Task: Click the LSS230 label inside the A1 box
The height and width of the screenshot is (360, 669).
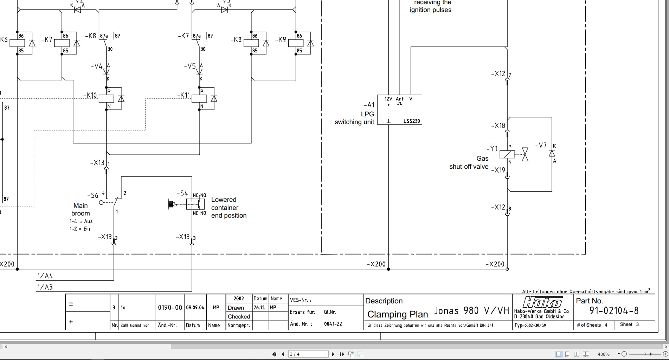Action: click(411, 121)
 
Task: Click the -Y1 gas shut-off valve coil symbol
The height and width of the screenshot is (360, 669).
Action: click(507, 154)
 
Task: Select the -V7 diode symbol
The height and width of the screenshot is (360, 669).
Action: click(552, 153)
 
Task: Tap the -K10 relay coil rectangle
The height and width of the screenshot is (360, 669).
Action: click(106, 99)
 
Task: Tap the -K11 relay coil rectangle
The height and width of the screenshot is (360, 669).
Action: click(199, 99)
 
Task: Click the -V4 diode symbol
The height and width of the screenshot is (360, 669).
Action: click(107, 72)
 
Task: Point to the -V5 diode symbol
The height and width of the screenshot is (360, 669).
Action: click(199, 72)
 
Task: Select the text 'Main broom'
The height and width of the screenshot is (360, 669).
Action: click(81, 209)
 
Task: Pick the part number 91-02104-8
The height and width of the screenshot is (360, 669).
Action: click(614, 311)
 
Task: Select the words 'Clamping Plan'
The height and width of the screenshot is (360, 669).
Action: click(397, 314)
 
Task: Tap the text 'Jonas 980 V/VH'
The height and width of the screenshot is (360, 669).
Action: click(471, 311)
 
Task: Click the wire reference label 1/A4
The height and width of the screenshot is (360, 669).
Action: click(45, 276)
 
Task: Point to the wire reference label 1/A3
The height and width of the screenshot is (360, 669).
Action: click(45, 287)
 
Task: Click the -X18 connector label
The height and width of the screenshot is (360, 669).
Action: click(498, 126)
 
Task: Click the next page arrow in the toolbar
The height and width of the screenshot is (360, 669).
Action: click(333, 354)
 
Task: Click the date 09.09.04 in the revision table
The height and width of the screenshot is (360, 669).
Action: click(195, 308)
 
